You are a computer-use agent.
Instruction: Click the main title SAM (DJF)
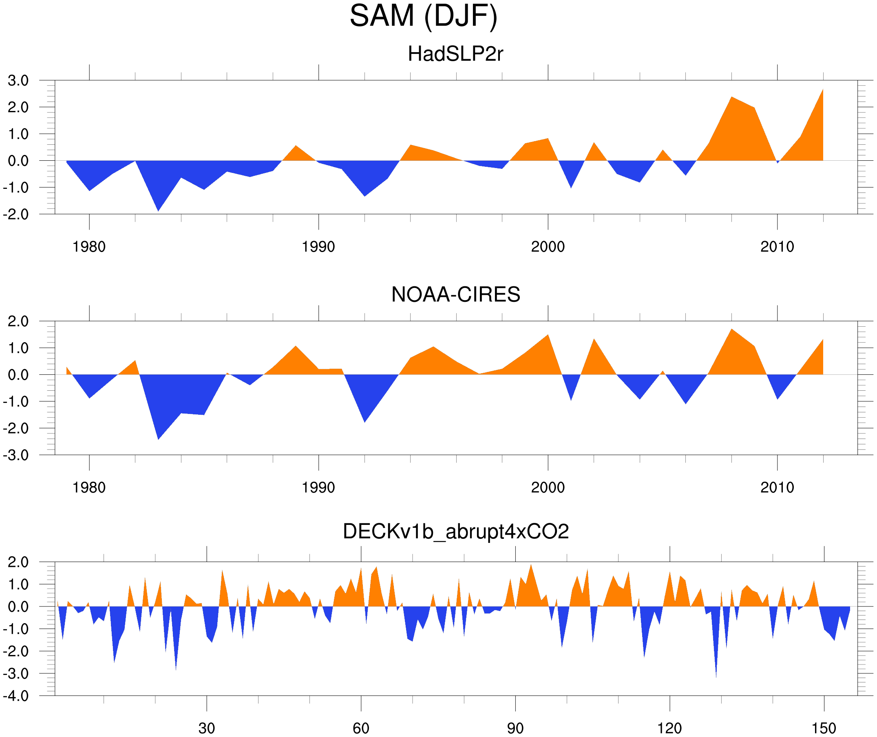[x=424, y=16]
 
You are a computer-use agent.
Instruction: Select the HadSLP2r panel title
[x=455, y=54]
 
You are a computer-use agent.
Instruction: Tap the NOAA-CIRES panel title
[x=455, y=294]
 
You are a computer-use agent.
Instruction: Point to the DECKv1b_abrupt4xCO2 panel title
[x=455, y=531]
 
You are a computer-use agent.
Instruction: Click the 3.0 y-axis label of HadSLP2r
[x=18, y=81]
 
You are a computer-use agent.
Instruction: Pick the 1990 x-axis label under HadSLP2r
[x=318, y=247]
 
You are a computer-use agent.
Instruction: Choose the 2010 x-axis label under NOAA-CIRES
[x=777, y=487]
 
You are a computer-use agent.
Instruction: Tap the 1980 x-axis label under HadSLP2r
[x=89, y=247]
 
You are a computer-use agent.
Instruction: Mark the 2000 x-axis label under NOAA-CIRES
[x=548, y=487]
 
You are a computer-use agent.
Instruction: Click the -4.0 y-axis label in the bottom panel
[x=16, y=696]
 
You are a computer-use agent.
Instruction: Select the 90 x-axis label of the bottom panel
[x=515, y=728]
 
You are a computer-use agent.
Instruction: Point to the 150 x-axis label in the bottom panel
[x=824, y=728]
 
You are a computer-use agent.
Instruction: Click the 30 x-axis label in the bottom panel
[x=206, y=728]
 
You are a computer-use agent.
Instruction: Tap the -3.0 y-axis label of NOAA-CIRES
[x=16, y=456]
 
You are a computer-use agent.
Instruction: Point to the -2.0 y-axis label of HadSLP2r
[x=16, y=215]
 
